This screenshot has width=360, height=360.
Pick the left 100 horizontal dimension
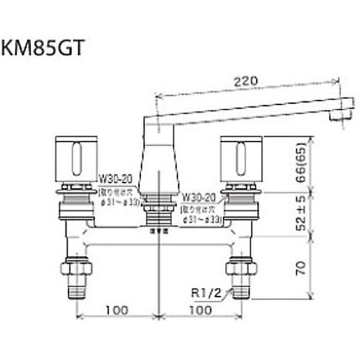(118, 310)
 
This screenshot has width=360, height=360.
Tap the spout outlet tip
(338, 116)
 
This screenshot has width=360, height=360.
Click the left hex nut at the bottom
(76, 268)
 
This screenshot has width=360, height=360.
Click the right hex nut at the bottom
(242, 268)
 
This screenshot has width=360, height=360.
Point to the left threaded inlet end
(76, 288)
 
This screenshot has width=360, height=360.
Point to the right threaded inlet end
(242, 288)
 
